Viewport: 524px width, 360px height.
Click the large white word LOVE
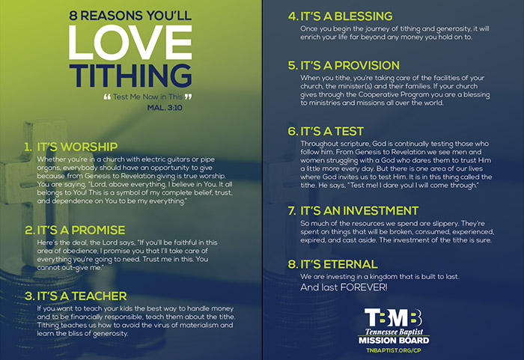click(x=130, y=43)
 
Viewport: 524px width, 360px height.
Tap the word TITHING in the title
click(x=130, y=76)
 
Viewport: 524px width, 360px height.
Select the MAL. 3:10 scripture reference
click(x=165, y=108)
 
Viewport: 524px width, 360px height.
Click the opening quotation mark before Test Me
click(x=107, y=97)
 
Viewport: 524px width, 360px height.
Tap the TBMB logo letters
click(x=393, y=317)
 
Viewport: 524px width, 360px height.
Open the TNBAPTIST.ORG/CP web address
click(x=394, y=350)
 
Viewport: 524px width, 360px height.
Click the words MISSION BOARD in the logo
click(x=394, y=341)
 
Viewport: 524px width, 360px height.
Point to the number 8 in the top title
click(x=73, y=16)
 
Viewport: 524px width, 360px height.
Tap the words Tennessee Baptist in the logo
click(x=394, y=332)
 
